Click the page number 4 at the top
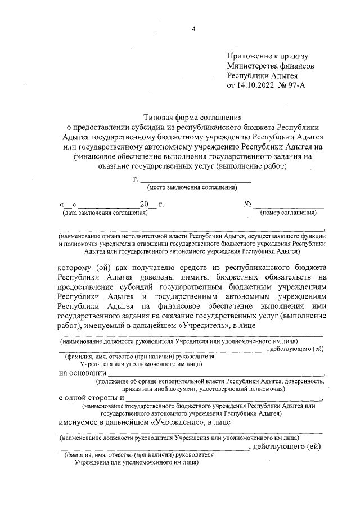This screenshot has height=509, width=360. coord(192,30)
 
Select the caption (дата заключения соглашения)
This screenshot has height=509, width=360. coord(105,213)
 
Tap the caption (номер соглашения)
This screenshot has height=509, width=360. coord(288,213)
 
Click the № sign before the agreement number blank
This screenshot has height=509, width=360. coord(246,204)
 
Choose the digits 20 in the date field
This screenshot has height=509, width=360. coord(144,204)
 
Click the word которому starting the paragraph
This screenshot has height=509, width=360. coord(78,267)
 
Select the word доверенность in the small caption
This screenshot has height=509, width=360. coord(304,381)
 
